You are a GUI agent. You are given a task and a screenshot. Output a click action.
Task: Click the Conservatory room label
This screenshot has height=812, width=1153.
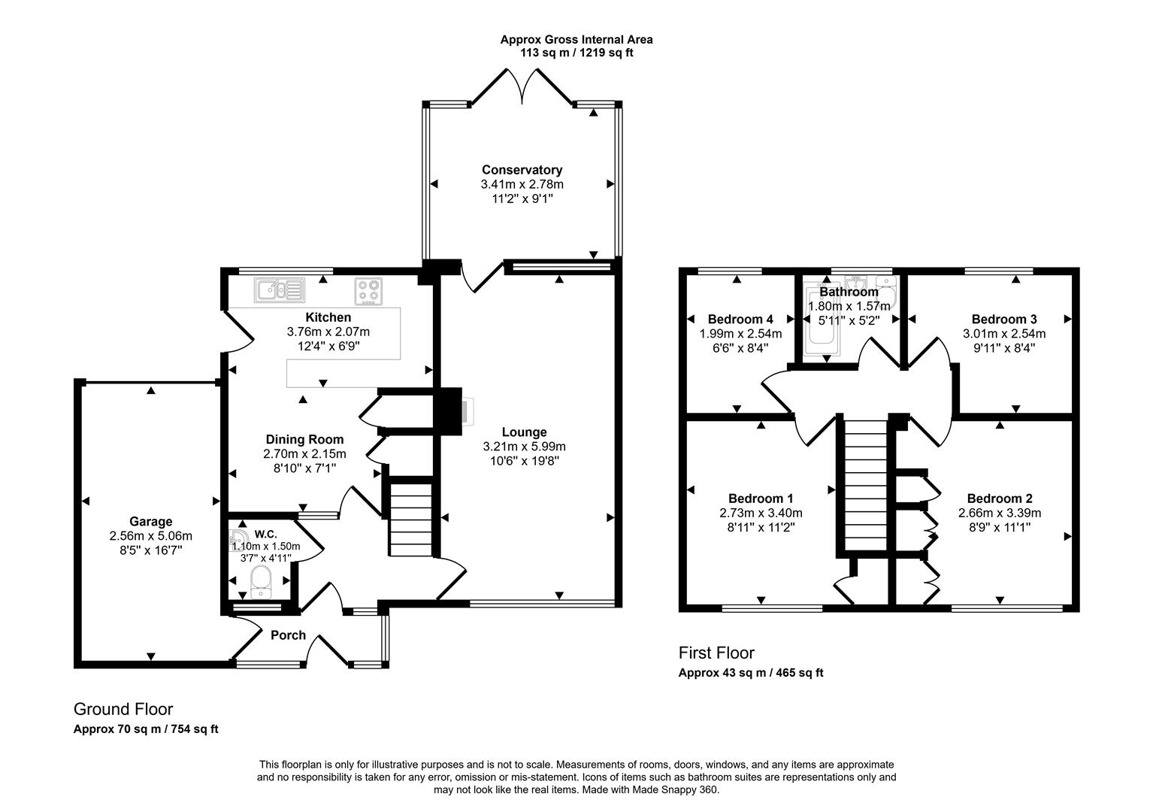pyautogui.click(x=522, y=170)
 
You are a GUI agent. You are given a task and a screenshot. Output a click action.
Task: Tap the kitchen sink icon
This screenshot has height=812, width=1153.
pyautogui.click(x=280, y=290)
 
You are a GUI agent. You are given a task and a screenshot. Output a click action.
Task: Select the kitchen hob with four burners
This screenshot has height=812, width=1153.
pyautogui.click(x=368, y=291)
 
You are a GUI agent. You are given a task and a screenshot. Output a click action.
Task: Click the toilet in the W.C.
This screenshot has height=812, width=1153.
pyautogui.click(x=261, y=581)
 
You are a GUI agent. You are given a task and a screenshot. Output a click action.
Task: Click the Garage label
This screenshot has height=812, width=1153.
pyautogui.click(x=150, y=521)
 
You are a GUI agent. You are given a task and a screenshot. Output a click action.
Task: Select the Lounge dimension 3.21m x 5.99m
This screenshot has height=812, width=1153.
pyautogui.click(x=524, y=447)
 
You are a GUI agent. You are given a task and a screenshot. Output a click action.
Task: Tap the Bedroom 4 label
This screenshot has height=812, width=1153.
pyautogui.click(x=740, y=319)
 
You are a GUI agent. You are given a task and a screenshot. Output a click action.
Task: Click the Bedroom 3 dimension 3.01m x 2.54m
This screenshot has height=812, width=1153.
pyautogui.click(x=1003, y=334)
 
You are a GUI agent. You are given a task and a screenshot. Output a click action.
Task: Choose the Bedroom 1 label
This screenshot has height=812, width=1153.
pyautogui.click(x=761, y=498)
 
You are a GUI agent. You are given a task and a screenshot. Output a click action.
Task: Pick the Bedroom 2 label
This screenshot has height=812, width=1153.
pyautogui.click(x=999, y=498)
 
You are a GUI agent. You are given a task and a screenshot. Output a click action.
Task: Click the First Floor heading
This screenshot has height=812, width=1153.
pyautogui.click(x=716, y=653)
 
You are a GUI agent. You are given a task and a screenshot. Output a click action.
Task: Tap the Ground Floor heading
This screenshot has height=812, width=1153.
pyautogui.click(x=123, y=709)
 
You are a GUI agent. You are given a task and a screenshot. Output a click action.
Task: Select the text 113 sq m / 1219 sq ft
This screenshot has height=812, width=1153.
pyautogui.click(x=576, y=53)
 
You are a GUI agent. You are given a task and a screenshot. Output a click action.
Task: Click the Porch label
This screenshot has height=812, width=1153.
pyautogui.click(x=288, y=635)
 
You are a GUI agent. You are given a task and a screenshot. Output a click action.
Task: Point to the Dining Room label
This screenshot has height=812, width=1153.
pyautogui.click(x=304, y=439)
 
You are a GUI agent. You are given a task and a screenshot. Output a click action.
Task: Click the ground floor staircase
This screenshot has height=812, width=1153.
pyautogui.click(x=410, y=519)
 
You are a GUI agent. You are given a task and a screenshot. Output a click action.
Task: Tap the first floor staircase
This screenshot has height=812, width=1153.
pyautogui.click(x=864, y=485)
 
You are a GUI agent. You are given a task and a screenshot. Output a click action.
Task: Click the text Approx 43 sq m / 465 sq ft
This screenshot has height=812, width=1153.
pyautogui.click(x=750, y=673)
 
